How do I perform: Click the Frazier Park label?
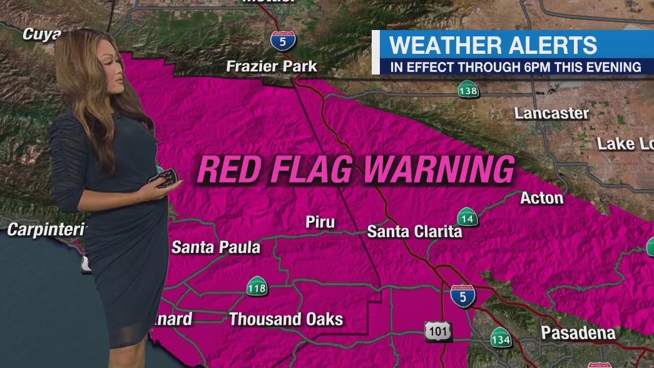pos(272,66)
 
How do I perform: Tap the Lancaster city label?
pos(551,113)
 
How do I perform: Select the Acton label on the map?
pos(541,198)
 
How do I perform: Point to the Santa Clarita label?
pos(414,232)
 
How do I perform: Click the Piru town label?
pos(320,222)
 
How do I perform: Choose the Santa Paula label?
pos(216,247)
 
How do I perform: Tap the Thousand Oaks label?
pos(286,319)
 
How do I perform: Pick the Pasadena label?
pos(578,332)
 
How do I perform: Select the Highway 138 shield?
pos(468,89)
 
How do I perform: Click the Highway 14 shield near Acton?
pos(467,217)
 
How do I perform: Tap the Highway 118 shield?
pos(257,287)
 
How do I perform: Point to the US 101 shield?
pos(437,332)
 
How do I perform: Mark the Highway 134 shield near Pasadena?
pos(501,338)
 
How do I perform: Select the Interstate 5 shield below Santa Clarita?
pos(462,295)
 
